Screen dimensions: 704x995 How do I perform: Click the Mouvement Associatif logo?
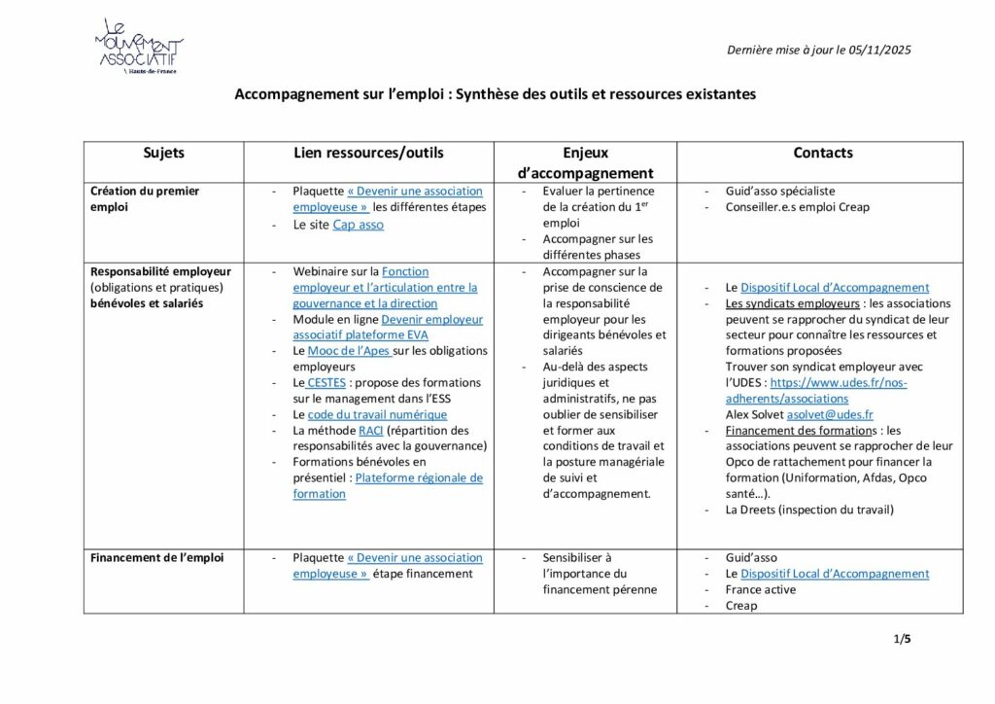(x=138, y=46)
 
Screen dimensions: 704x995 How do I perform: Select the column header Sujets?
(x=163, y=153)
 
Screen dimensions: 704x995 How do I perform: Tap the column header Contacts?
(x=822, y=153)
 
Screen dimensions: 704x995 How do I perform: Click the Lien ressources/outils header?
(x=368, y=153)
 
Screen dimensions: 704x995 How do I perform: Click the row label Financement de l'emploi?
(x=156, y=557)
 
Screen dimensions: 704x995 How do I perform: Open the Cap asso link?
(x=358, y=225)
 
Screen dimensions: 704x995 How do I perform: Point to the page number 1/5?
(x=902, y=639)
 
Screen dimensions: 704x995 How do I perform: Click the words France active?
(x=760, y=589)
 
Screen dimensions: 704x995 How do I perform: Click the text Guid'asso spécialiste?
(x=779, y=192)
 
